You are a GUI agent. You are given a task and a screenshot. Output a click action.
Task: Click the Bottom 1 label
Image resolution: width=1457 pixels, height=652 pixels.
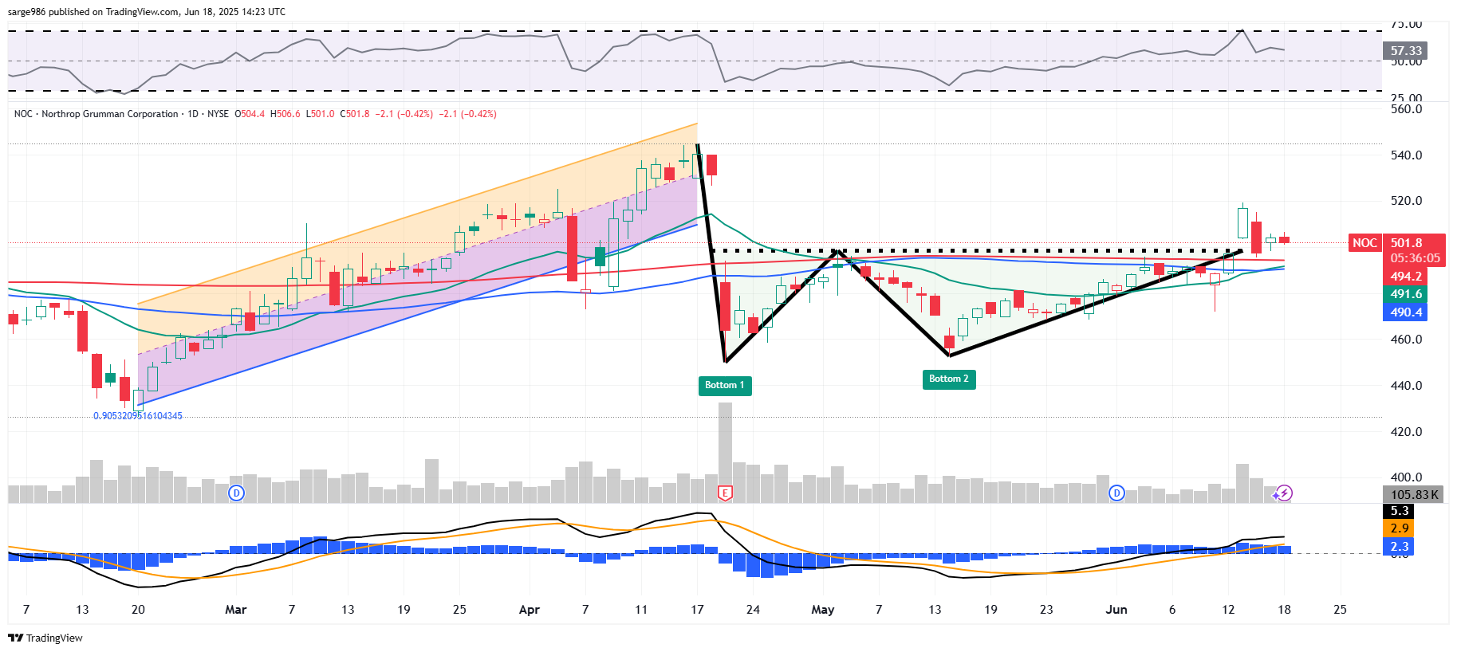point(724,386)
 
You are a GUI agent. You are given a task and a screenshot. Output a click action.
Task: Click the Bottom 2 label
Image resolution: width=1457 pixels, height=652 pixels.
point(948,379)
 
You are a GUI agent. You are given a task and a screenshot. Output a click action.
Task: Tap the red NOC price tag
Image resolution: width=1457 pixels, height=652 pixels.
point(1364,243)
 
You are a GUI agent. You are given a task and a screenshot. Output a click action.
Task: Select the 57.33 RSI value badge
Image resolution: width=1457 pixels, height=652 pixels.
point(1405,51)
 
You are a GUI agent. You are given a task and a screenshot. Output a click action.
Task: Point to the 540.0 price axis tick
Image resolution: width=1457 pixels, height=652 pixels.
point(1406,155)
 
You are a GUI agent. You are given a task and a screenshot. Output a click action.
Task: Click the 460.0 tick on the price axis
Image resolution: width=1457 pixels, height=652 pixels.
point(1406,340)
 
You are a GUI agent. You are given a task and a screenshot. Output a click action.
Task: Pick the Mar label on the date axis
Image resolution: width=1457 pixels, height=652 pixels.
point(235,610)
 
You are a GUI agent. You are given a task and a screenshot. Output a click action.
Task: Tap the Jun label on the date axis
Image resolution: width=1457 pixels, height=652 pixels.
point(1116,610)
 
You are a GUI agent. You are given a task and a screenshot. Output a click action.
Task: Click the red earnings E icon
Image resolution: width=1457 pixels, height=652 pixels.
point(725,493)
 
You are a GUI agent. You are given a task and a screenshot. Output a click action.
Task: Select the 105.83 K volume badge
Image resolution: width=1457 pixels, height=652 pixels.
point(1414,495)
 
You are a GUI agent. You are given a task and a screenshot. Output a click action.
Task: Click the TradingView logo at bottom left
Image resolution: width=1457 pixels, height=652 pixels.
point(45,638)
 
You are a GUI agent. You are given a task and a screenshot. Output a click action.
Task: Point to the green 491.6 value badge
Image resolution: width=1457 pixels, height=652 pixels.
point(1405,294)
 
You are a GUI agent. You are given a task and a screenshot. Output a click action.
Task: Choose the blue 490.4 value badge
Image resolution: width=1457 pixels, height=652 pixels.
point(1405,312)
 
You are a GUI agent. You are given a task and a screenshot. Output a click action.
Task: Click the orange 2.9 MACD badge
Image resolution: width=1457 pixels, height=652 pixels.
point(1399,528)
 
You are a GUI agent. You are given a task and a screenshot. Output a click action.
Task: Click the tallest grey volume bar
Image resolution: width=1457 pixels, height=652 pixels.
point(725,446)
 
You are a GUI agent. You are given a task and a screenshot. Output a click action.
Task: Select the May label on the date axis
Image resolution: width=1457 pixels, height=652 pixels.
point(822,610)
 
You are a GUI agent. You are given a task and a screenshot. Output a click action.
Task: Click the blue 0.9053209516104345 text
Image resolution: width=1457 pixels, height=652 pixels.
point(138,416)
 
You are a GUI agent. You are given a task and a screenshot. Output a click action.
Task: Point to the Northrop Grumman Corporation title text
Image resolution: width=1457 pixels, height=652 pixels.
point(110,114)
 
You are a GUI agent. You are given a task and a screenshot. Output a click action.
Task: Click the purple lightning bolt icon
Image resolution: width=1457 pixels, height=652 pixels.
point(1283,493)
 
